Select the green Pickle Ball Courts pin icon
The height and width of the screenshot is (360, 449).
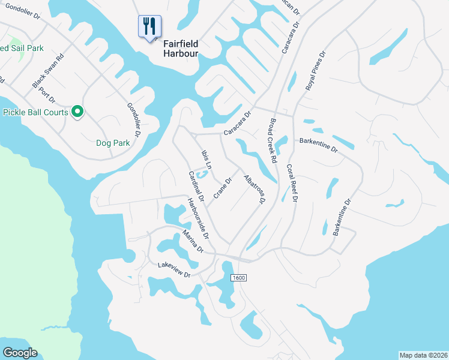[x=77, y=112]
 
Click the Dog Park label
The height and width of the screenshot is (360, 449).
[x=113, y=143]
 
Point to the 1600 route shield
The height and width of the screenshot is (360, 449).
[x=238, y=277]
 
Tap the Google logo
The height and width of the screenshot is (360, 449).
[x=20, y=353]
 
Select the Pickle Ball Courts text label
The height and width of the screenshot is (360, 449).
[x=36, y=112]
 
